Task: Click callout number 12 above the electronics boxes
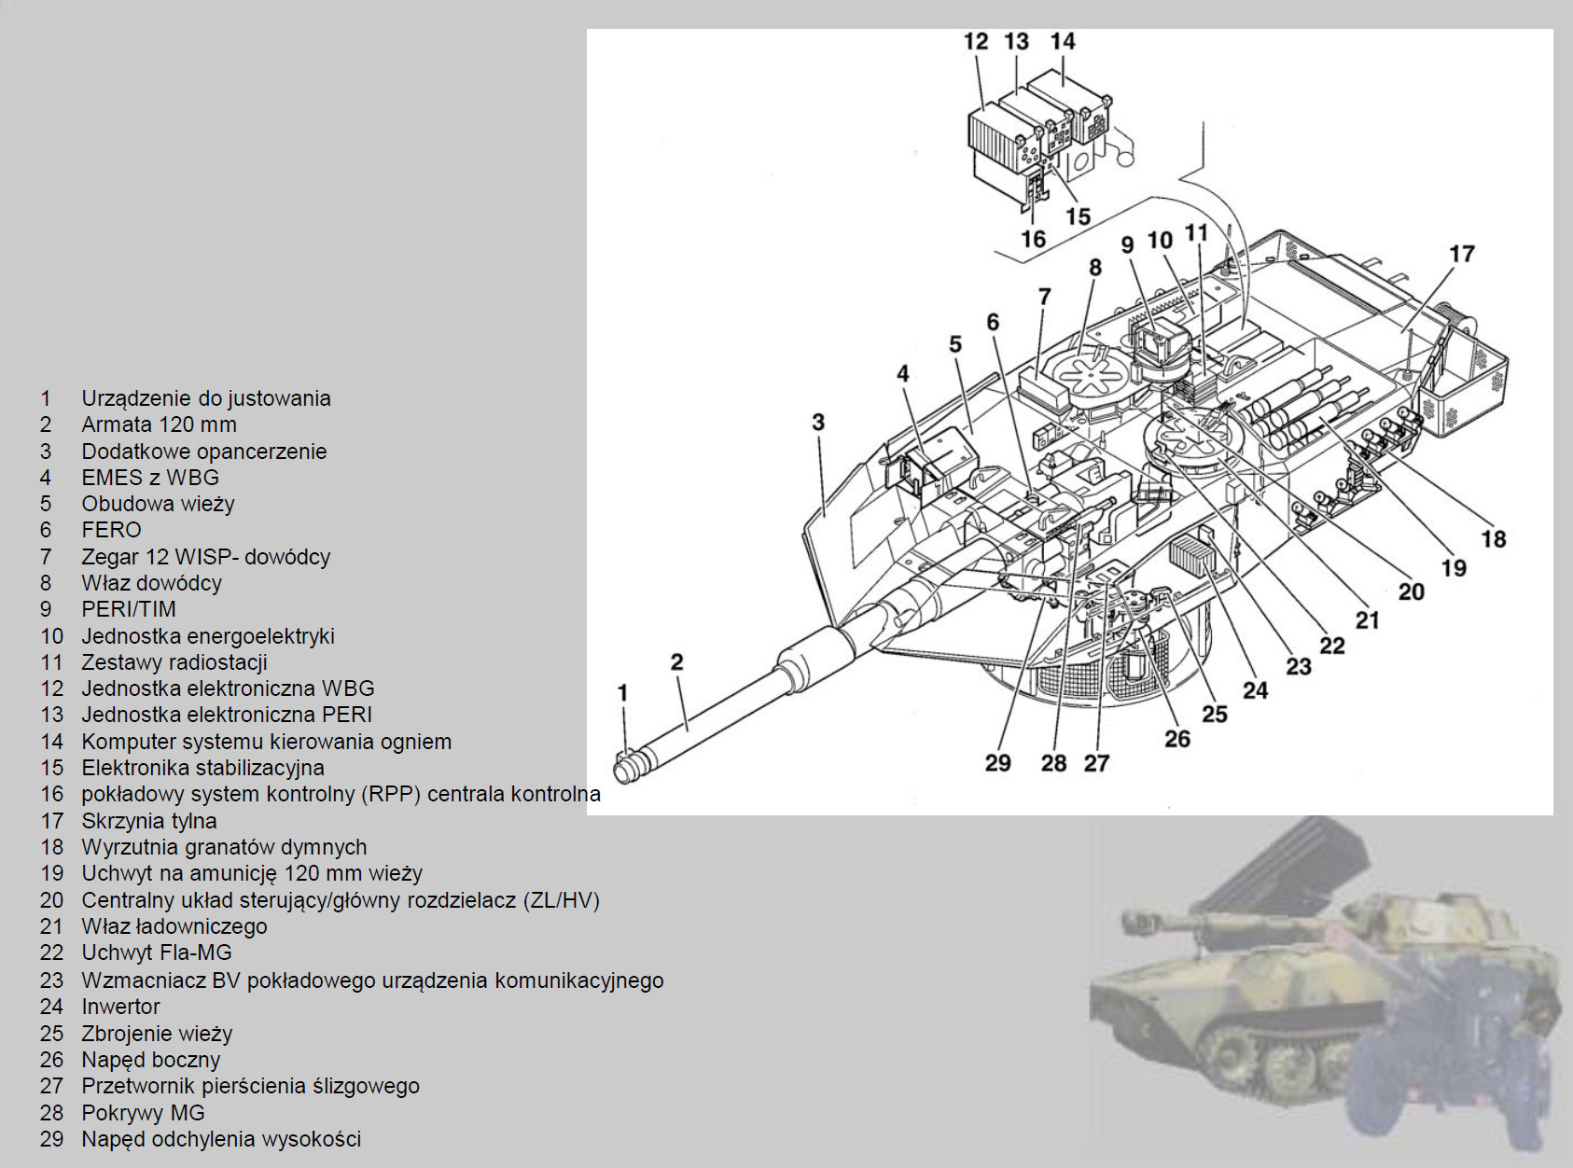click(975, 42)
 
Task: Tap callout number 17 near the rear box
click(1461, 254)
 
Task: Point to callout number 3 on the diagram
click(818, 423)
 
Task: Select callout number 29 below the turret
click(997, 763)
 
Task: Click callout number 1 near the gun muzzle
click(623, 693)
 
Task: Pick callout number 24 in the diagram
click(1255, 690)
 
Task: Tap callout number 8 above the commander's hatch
click(1095, 268)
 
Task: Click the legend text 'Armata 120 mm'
click(159, 424)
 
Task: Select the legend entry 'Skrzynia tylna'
click(149, 821)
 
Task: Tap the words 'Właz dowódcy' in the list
click(151, 583)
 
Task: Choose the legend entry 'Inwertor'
click(120, 1007)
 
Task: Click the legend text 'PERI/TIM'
click(129, 609)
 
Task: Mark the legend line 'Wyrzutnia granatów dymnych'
click(224, 847)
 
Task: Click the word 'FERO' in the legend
click(111, 530)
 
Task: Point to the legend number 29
click(51, 1139)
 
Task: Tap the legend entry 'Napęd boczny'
click(151, 1060)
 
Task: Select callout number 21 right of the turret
click(1367, 620)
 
